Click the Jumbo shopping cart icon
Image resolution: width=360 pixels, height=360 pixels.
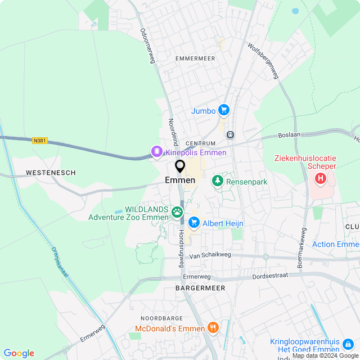click(224, 110)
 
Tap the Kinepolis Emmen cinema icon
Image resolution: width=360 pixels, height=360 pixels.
click(156, 152)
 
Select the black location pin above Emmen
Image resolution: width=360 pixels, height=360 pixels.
click(180, 166)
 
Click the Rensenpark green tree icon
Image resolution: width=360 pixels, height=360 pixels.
click(217, 181)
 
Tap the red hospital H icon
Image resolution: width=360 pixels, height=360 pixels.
click(321, 179)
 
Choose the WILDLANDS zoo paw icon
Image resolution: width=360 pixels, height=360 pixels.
click(178, 212)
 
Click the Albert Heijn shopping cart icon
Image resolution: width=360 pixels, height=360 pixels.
click(194, 223)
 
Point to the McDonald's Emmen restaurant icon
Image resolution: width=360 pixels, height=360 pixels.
click(213, 328)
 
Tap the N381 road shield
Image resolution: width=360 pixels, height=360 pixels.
click(40, 141)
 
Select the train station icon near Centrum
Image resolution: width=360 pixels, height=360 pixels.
click(230, 134)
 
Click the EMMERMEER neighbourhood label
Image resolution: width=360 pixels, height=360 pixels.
click(195, 58)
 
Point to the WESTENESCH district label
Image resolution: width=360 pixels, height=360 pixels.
click(51, 173)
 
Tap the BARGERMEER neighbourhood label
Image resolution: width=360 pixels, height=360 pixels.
click(200, 288)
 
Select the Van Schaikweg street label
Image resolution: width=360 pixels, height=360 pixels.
click(210, 255)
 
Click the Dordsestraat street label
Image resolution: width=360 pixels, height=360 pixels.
click(272, 276)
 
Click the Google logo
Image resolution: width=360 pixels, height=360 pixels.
click(19, 353)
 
